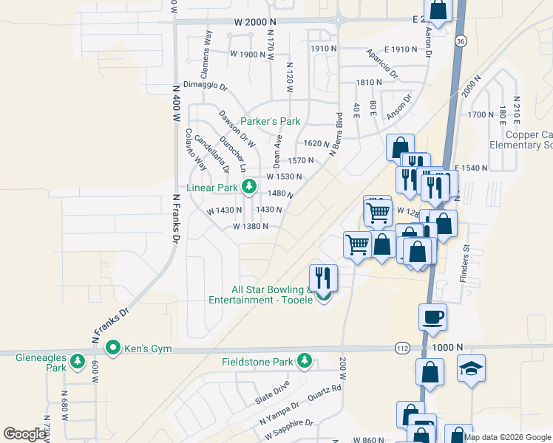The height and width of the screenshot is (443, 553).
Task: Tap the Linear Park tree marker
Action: tap(250, 185)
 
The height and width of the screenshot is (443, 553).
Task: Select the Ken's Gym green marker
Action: tap(113, 346)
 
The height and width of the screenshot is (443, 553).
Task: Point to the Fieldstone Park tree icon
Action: tap(304, 361)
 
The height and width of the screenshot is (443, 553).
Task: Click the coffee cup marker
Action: tap(432, 317)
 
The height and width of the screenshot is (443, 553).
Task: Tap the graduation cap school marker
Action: tap(471, 368)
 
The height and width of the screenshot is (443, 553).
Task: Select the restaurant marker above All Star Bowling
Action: tap(323, 277)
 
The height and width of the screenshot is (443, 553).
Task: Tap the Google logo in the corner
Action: tap(24, 434)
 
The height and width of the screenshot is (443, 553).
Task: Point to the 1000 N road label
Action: tap(449, 347)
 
